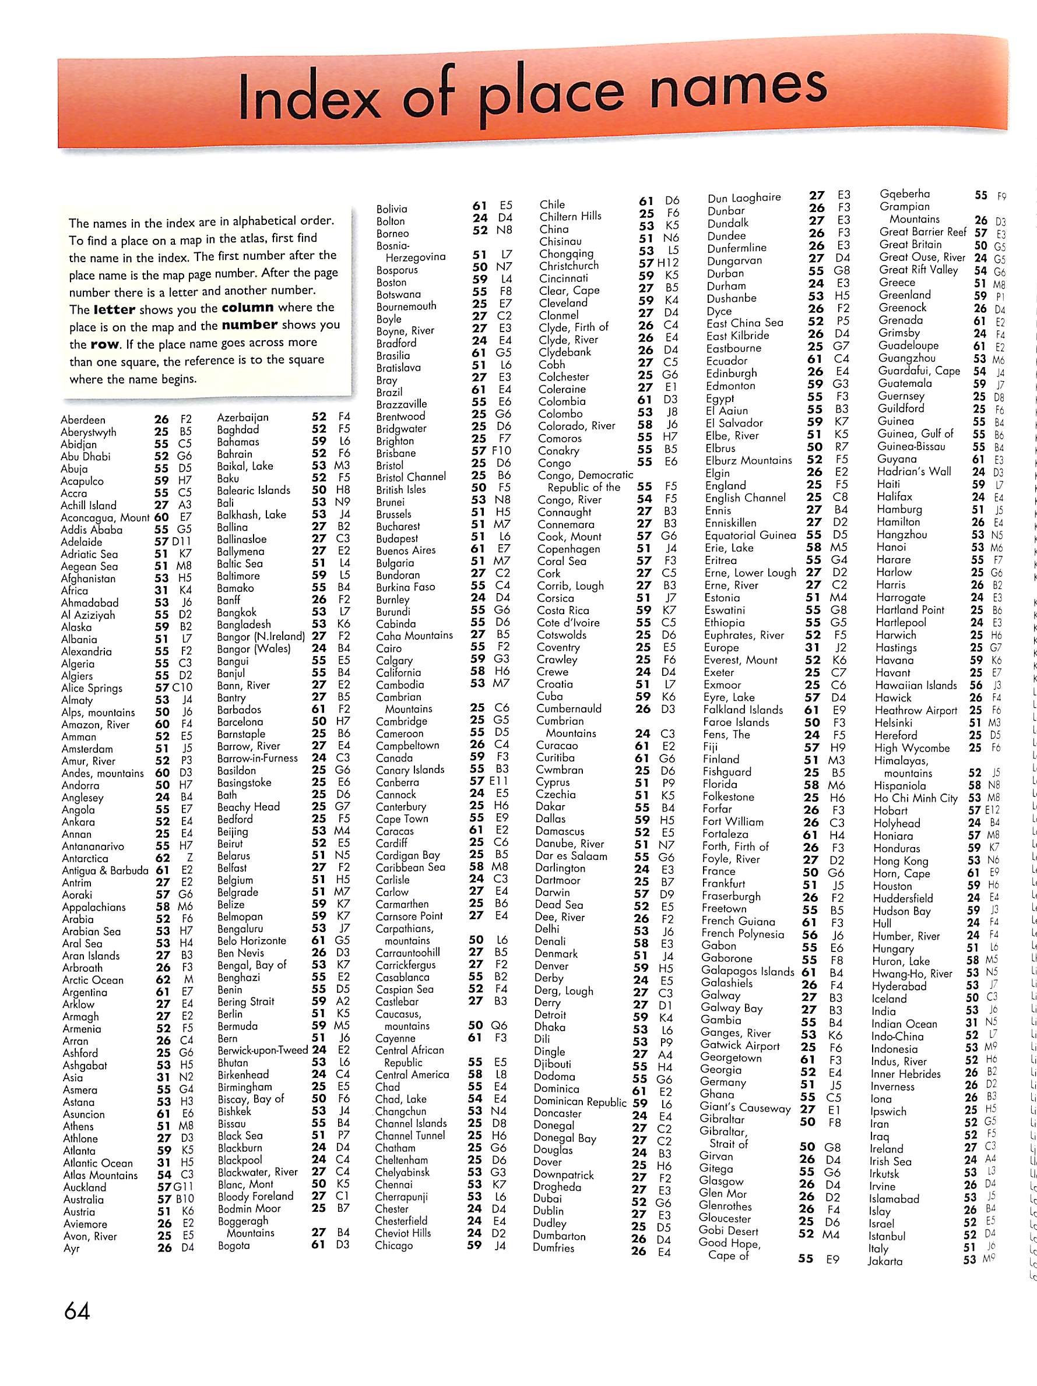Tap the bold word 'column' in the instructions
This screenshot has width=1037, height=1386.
[x=247, y=308]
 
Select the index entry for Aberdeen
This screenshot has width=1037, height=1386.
[x=83, y=420]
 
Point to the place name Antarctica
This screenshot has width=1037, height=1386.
[x=85, y=858]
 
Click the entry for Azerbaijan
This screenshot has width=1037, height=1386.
[x=242, y=417]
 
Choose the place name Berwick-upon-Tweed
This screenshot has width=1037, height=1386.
[x=263, y=1050]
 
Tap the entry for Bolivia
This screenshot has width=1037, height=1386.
[x=392, y=209]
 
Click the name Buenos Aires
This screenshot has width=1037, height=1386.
[x=406, y=551]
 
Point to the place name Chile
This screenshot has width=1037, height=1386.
[x=553, y=204]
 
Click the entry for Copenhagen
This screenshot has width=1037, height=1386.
[x=569, y=549]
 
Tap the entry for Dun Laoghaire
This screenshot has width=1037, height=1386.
[x=744, y=198]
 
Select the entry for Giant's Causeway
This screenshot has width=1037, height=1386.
[x=746, y=1107]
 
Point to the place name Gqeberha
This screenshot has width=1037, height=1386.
[x=905, y=194]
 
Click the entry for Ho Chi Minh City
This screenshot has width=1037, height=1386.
[x=916, y=798]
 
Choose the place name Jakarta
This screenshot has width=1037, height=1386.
[x=885, y=1261]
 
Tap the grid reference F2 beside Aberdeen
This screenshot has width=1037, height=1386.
[x=185, y=419]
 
